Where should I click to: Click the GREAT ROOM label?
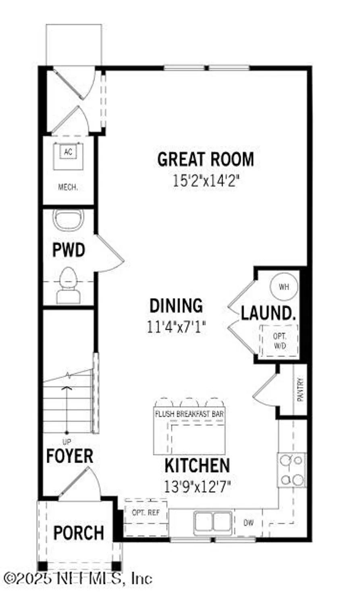click(x=206, y=159)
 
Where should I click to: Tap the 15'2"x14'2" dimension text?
click(x=206, y=180)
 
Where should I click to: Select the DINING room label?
click(x=176, y=306)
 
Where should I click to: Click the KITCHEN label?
click(x=197, y=465)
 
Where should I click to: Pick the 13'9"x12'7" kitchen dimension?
click(x=197, y=486)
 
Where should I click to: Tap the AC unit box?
click(x=68, y=152)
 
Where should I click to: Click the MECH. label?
click(x=68, y=187)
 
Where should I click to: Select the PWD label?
click(x=69, y=250)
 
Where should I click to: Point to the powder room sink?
click(x=68, y=220)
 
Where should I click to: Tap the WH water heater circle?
click(x=284, y=287)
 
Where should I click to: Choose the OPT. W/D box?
click(x=279, y=341)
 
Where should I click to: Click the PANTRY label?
click(x=300, y=390)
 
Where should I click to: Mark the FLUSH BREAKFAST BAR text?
click(x=189, y=414)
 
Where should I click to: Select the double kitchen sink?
click(x=213, y=523)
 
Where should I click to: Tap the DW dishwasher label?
click(x=249, y=523)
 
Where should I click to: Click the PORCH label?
click(x=79, y=533)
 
